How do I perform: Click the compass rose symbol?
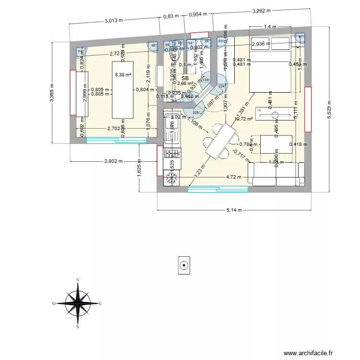(78, 303)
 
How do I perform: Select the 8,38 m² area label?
(123, 74)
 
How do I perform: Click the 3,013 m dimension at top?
(114, 21)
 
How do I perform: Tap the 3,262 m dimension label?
(262, 10)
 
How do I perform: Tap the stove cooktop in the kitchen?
(172, 154)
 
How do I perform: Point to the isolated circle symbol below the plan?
(183, 265)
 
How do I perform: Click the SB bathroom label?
(185, 78)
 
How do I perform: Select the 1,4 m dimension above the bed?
(271, 27)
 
